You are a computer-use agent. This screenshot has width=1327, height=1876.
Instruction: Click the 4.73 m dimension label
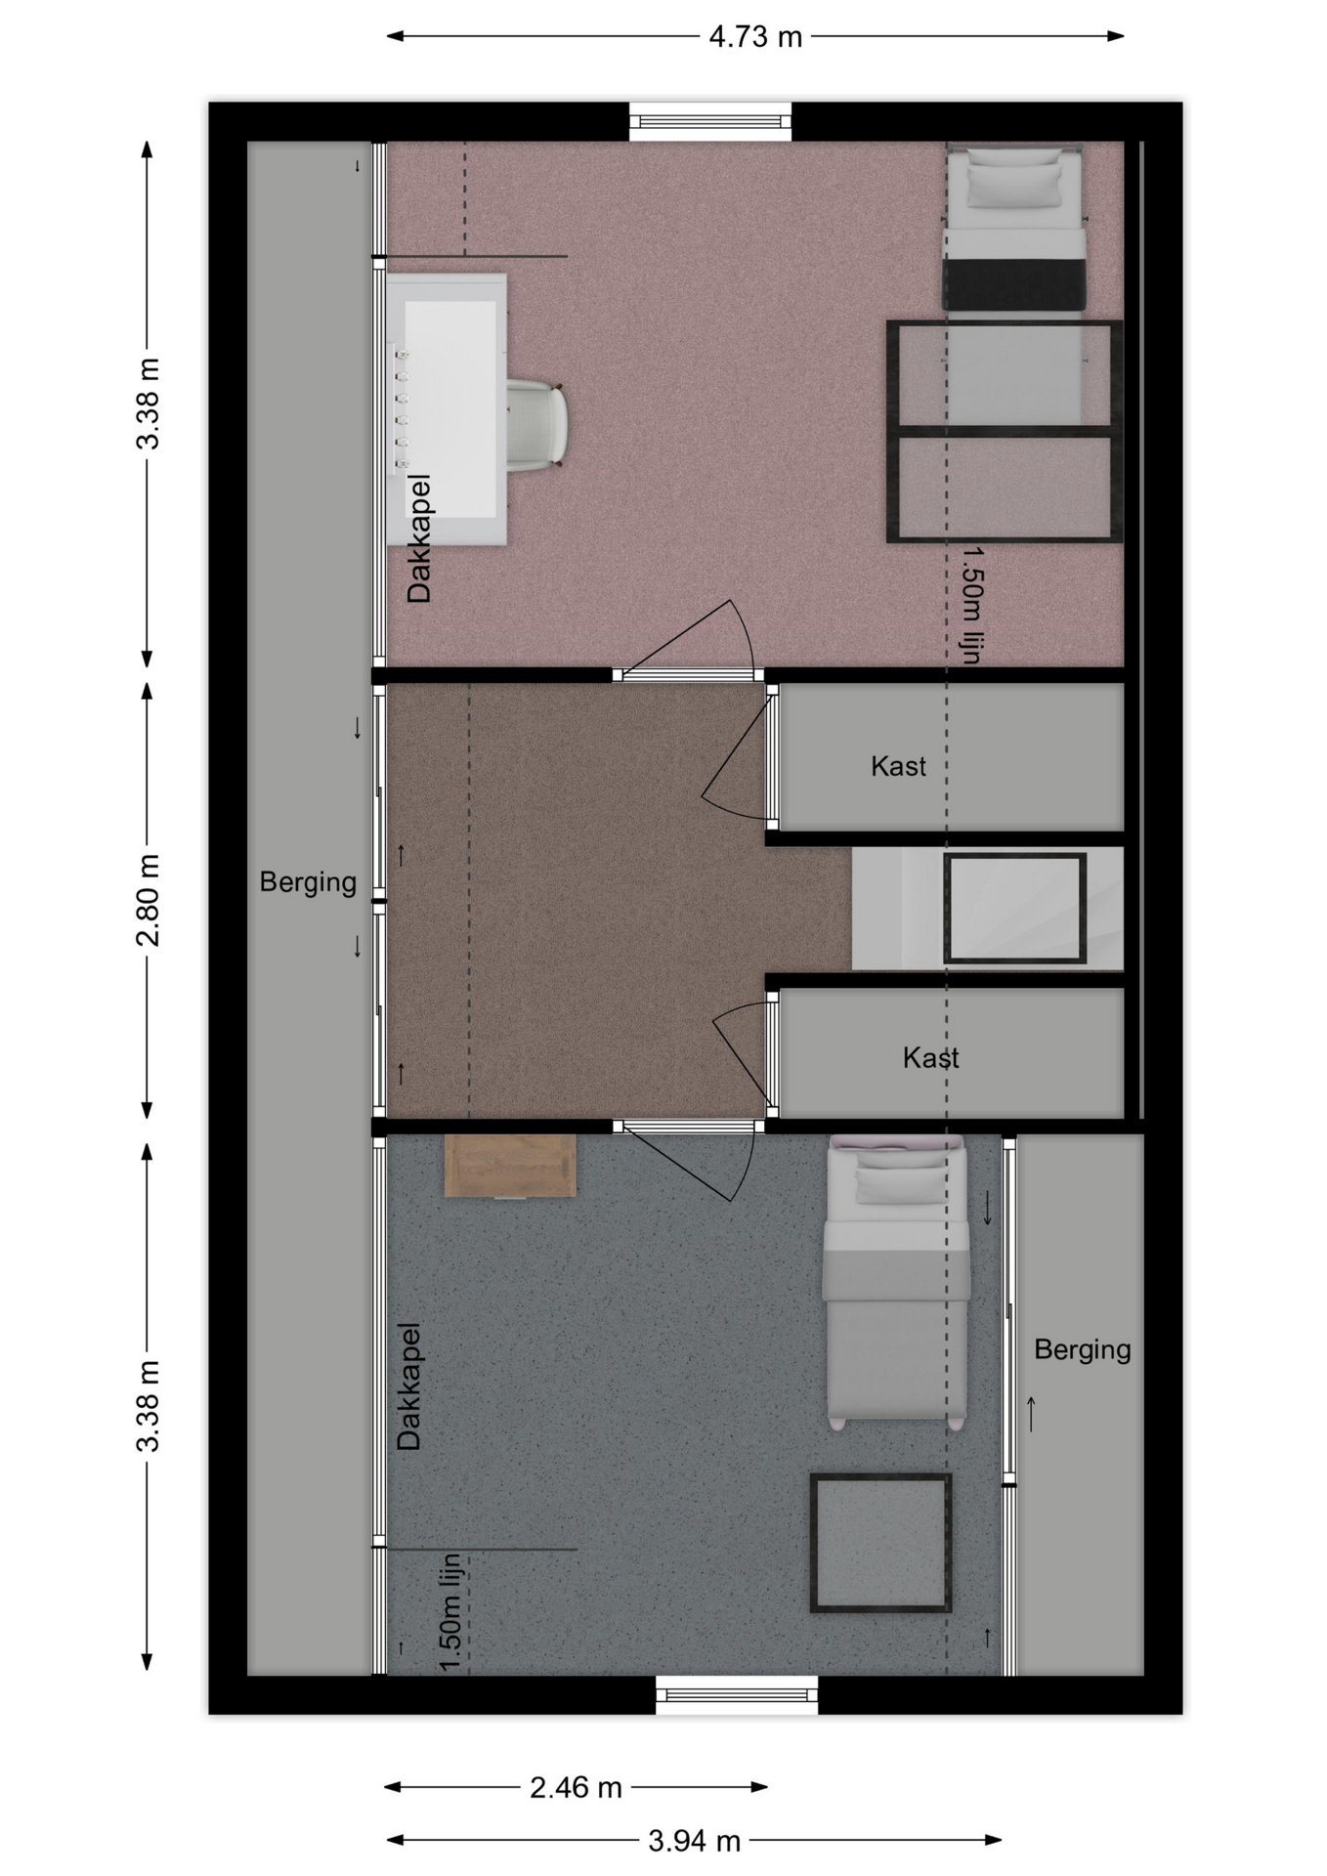[x=754, y=37]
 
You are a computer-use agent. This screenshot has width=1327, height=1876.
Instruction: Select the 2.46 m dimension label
[x=576, y=1787]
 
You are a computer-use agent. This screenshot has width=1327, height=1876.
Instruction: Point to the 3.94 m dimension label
[x=694, y=1841]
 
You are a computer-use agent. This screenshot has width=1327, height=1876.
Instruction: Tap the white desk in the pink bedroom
[x=447, y=408]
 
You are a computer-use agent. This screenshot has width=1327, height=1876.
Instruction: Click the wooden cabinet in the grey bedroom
[x=509, y=1166]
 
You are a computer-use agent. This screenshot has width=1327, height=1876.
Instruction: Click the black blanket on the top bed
[x=1014, y=283]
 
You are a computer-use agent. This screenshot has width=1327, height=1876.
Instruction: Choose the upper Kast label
[x=898, y=766]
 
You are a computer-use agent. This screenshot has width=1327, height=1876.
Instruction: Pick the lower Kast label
[x=930, y=1057]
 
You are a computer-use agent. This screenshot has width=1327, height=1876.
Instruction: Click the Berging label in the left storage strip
[x=308, y=882]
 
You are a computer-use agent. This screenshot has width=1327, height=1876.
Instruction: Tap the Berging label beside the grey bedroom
[x=1082, y=1349]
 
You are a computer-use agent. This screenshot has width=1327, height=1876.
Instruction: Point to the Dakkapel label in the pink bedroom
[x=419, y=538]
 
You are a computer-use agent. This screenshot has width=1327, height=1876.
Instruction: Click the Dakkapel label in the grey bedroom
[x=408, y=1386]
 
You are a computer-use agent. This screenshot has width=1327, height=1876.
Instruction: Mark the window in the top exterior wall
[x=710, y=121]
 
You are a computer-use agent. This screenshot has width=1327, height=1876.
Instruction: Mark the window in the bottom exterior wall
[x=737, y=1694]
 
